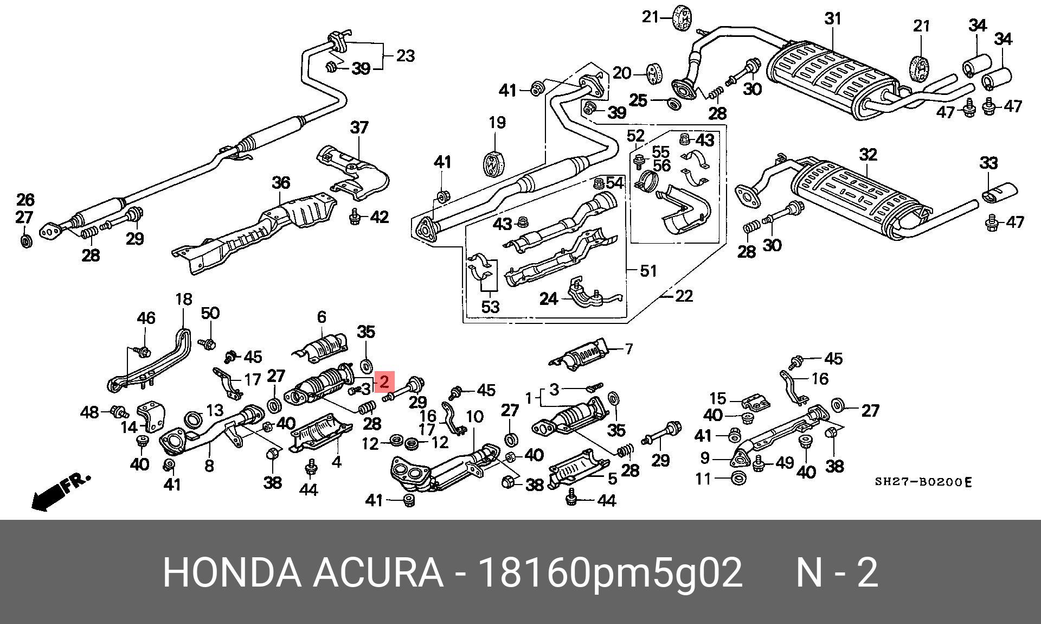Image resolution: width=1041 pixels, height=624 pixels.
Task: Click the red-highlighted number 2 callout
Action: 384,381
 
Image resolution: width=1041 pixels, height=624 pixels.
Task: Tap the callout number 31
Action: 832,19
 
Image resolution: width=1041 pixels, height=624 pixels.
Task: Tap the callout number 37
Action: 359,128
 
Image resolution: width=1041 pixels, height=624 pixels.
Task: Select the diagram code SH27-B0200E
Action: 922,482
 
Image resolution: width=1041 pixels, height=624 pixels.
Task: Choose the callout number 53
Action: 490,307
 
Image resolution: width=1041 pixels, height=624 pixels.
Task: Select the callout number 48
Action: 89,412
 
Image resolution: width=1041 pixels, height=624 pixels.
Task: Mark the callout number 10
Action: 474,417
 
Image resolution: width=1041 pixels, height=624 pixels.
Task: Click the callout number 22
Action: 684,296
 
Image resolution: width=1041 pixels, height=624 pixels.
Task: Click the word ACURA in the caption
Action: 377,572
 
